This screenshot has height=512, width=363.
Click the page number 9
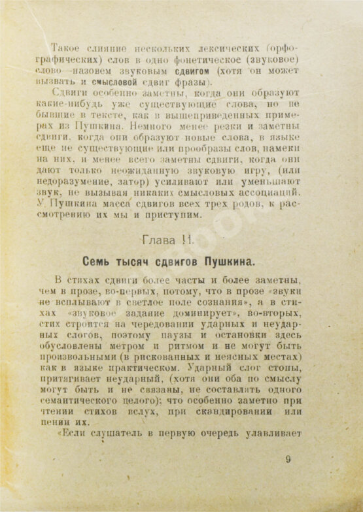coord(288,458)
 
